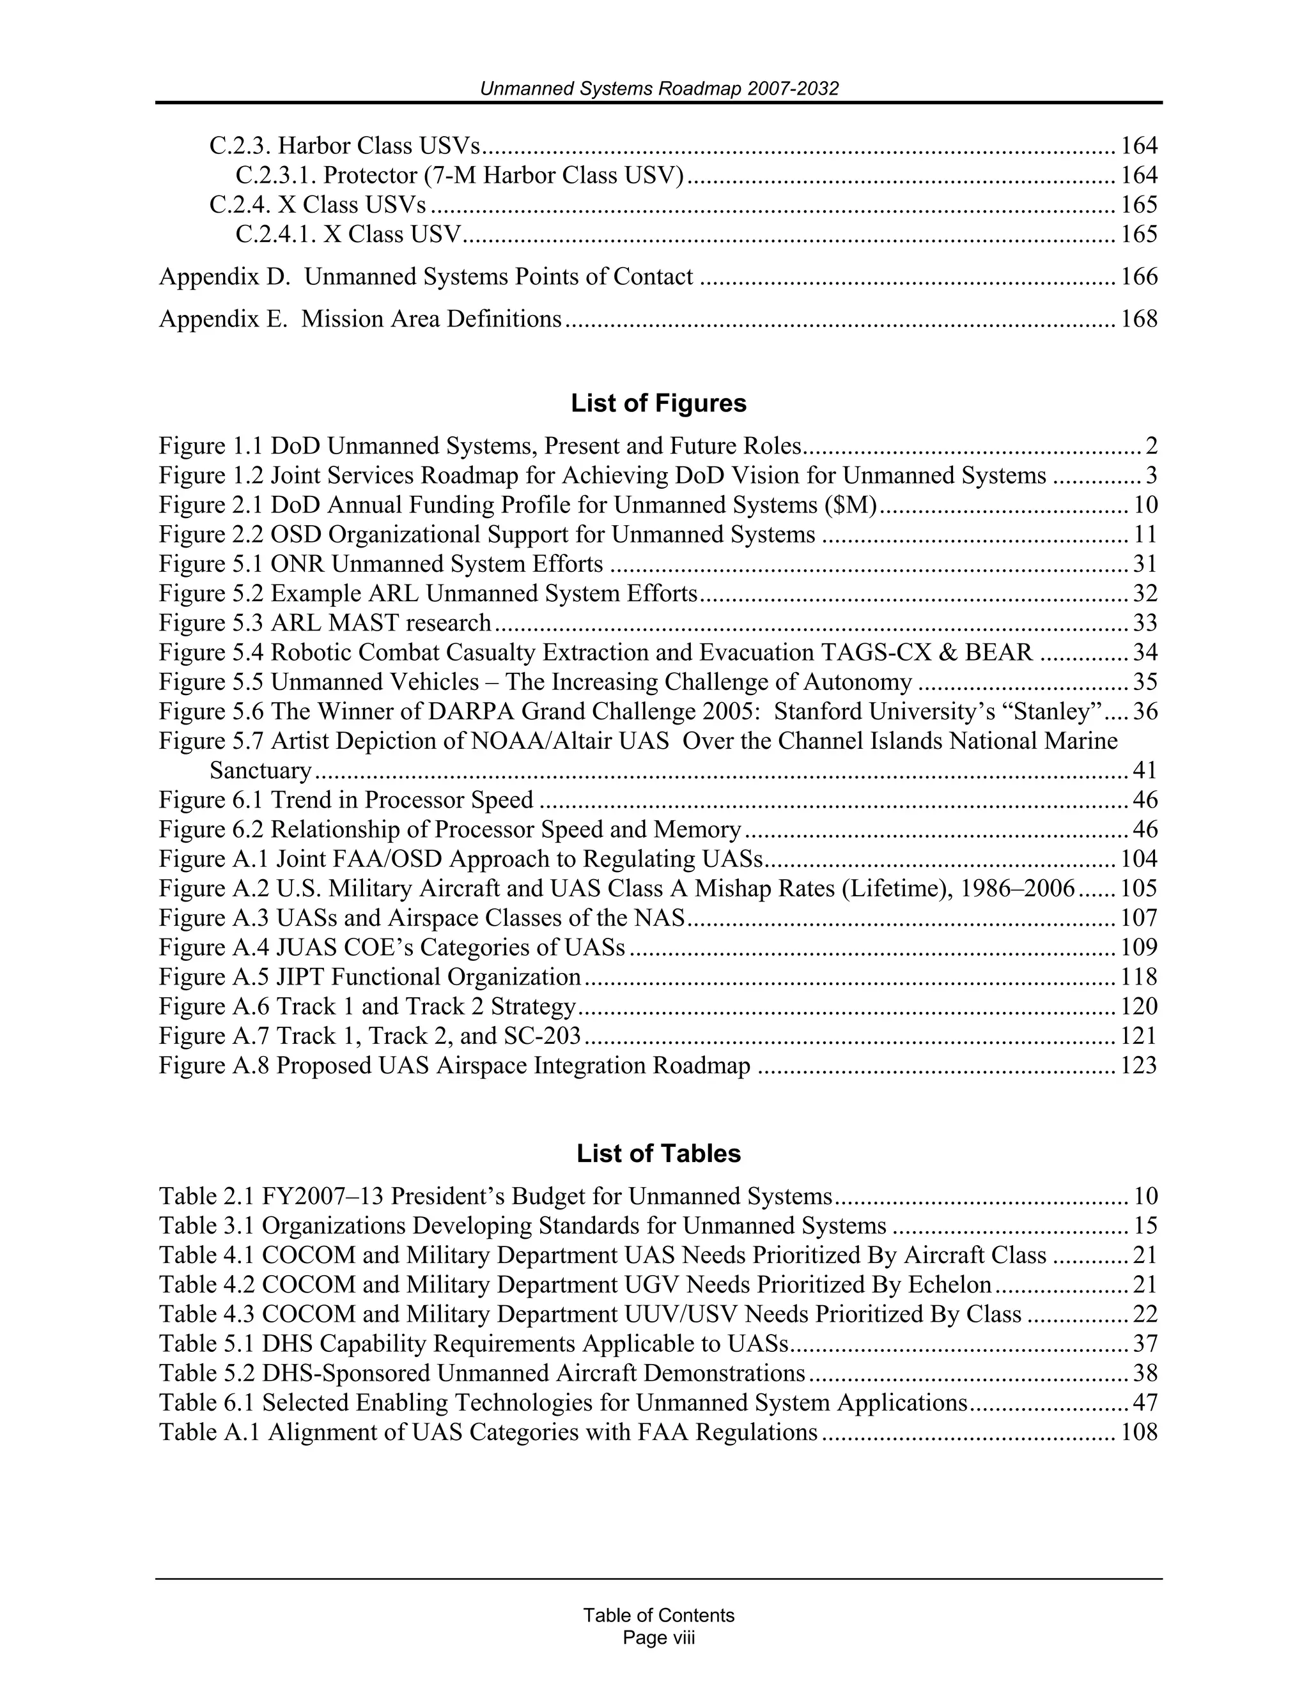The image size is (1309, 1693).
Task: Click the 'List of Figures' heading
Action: click(x=658, y=403)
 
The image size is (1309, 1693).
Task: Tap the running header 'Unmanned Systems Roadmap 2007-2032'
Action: click(x=658, y=89)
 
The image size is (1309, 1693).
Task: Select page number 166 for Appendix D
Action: click(x=1138, y=277)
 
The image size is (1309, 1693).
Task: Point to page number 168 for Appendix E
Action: click(x=1138, y=319)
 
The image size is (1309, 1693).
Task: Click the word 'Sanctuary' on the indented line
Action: click(x=261, y=770)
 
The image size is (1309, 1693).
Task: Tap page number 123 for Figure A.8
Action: click(x=1138, y=1066)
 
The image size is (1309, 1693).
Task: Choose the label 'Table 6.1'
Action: click(x=207, y=1403)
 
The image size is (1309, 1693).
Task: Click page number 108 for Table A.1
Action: click(x=1138, y=1432)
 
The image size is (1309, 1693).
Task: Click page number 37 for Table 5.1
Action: click(x=1145, y=1344)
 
